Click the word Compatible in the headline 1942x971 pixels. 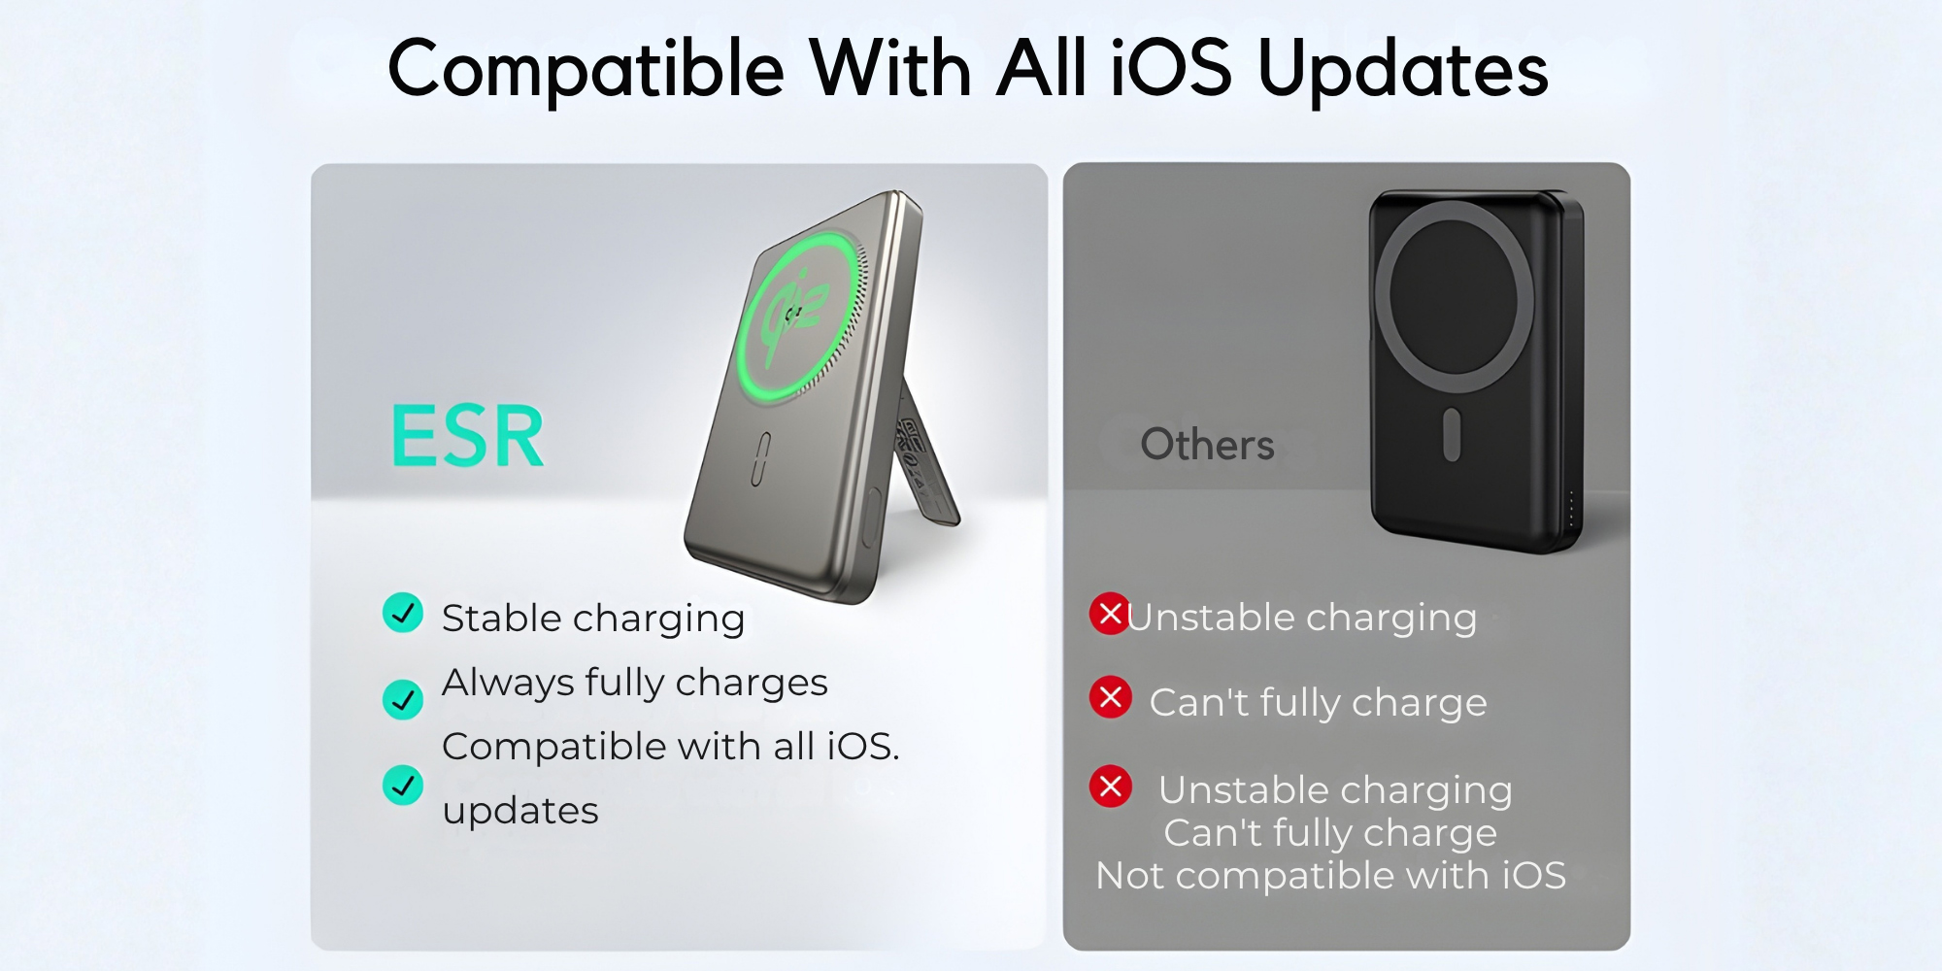pos(586,70)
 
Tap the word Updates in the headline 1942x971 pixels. pos(1403,70)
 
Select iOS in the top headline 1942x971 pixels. pos(1171,68)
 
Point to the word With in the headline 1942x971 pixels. pos(890,68)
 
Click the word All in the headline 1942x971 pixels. pos(1041,68)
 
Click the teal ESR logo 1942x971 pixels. pos(467,437)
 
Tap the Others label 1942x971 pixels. pos(1207,445)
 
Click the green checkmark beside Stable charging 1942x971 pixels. pos(403,613)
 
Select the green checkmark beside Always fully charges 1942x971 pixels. pos(403,699)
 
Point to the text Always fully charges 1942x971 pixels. pos(635,683)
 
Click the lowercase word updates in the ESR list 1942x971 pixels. pos(520,811)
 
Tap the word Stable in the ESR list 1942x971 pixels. pos(502,618)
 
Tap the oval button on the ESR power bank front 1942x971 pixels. pos(761,458)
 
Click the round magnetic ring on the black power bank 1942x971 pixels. pos(1454,296)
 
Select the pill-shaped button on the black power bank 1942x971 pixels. pos(1453,434)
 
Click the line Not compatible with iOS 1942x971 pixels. pos(1330,876)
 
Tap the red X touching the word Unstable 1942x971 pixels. pos(1110,614)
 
